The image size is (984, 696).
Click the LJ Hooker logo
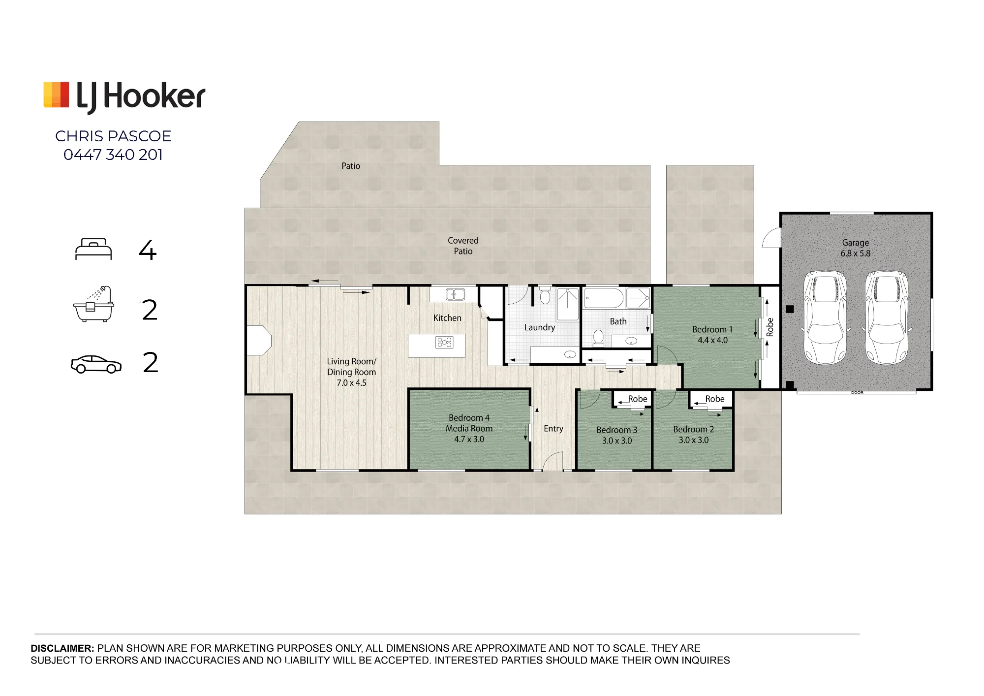click(x=124, y=96)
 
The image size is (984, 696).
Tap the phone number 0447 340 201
click(x=113, y=155)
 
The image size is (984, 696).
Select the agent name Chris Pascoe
click(x=113, y=136)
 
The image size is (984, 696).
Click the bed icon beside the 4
click(x=93, y=249)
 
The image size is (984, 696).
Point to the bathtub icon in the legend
click(x=93, y=304)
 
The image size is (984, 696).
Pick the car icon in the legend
click(x=96, y=364)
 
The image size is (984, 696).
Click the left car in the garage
click(x=825, y=317)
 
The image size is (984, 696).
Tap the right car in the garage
click(x=887, y=317)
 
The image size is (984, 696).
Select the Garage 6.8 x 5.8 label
click(x=856, y=248)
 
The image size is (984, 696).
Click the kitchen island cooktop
click(x=444, y=342)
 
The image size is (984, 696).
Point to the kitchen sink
click(x=455, y=294)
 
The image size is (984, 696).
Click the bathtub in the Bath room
click(x=604, y=298)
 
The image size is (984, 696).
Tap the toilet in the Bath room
click(x=598, y=337)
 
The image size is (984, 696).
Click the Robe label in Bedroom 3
click(x=638, y=399)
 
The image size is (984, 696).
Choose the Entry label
click(x=553, y=429)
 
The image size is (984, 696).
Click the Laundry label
click(x=540, y=327)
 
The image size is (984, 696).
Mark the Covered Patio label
click(x=463, y=246)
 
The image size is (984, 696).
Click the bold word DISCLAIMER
click(x=62, y=648)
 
